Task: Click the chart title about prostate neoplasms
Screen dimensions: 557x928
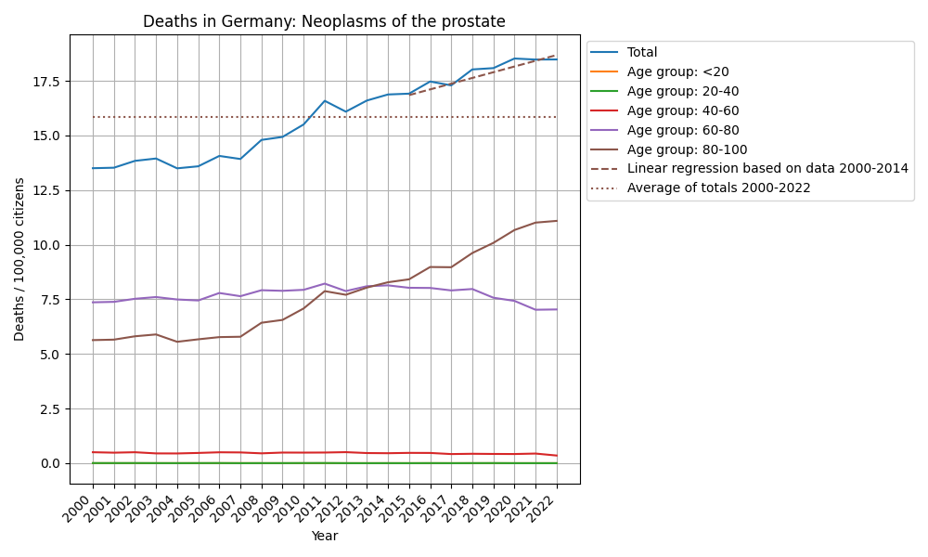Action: [324, 21]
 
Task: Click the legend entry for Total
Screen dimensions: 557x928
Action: [642, 53]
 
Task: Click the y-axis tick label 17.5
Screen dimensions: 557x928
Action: [45, 82]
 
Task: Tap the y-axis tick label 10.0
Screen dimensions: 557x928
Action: [45, 245]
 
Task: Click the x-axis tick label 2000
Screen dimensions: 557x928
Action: [84, 510]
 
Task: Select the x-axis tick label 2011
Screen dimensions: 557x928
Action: [316, 510]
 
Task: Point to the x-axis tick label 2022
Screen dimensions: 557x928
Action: [548, 510]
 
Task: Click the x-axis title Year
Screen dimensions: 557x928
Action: [324, 537]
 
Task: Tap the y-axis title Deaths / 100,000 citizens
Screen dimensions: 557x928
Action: [19, 259]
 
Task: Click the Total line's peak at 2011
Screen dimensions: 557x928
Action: [325, 100]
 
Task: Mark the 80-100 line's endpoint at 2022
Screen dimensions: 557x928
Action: [557, 221]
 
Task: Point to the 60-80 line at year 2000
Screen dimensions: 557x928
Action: [93, 302]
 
